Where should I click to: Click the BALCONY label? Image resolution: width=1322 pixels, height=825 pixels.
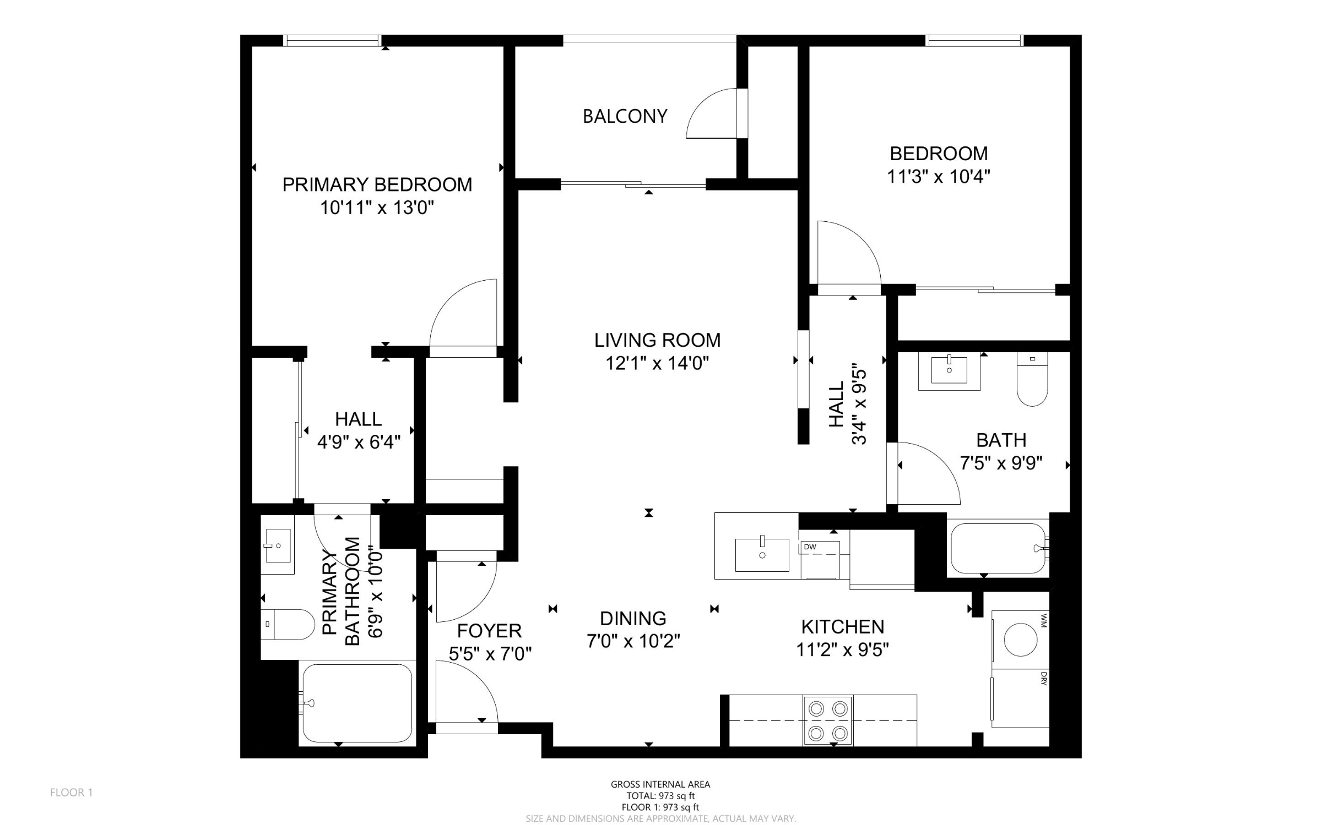pyautogui.click(x=625, y=116)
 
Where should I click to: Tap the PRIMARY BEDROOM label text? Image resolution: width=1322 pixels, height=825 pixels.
pyautogui.click(x=377, y=184)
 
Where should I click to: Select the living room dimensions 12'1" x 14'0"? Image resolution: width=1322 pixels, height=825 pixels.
pyautogui.click(x=657, y=363)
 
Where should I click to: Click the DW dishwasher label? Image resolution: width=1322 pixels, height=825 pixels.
pyautogui.click(x=810, y=547)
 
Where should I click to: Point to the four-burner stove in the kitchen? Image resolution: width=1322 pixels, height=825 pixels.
pyautogui.click(x=828, y=720)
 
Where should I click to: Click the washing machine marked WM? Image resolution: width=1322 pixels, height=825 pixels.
pyautogui.click(x=1020, y=640)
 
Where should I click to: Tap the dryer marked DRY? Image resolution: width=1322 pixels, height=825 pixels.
pyautogui.click(x=1020, y=698)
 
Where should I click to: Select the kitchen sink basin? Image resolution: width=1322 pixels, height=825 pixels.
pyautogui.click(x=762, y=555)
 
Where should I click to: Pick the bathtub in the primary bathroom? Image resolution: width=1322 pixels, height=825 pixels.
pyautogui.click(x=356, y=703)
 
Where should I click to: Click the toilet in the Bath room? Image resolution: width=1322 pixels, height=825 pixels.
pyautogui.click(x=1032, y=379)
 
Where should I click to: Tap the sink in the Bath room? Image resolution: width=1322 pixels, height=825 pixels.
pyautogui.click(x=949, y=370)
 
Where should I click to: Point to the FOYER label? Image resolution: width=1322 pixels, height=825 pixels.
pyautogui.click(x=489, y=630)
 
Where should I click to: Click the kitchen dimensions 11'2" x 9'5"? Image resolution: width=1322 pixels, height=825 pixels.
pyautogui.click(x=843, y=650)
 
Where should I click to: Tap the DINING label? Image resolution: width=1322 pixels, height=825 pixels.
pyautogui.click(x=633, y=619)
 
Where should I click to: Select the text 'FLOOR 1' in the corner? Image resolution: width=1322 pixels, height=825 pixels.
pyautogui.click(x=72, y=793)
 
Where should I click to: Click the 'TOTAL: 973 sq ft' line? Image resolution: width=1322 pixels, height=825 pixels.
pyautogui.click(x=660, y=796)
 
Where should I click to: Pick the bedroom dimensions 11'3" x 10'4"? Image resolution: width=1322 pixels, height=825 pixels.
pyautogui.click(x=939, y=177)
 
